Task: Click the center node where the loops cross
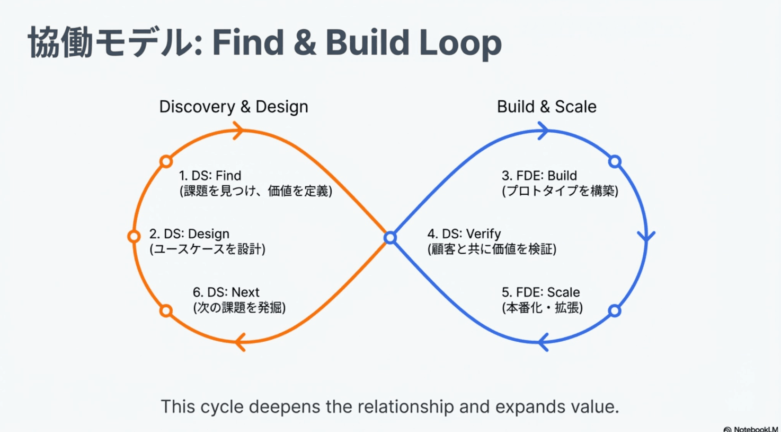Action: (390, 238)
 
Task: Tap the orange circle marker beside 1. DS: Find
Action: (166, 161)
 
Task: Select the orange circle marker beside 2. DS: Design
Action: (134, 236)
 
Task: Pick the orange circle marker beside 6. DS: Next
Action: (166, 310)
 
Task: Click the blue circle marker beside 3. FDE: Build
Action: (615, 161)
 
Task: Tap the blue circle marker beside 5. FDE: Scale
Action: (615, 310)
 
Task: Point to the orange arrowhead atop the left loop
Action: (238, 130)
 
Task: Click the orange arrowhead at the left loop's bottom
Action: (240, 342)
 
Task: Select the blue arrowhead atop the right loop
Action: (543, 131)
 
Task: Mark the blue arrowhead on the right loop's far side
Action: (646, 236)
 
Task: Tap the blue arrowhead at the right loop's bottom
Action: (543, 342)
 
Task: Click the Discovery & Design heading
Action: (234, 107)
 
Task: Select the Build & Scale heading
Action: (546, 107)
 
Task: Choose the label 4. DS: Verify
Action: (464, 234)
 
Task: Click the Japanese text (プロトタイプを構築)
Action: (560, 191)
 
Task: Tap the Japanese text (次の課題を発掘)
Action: (239, 308)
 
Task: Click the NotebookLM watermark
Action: (751, 428)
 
